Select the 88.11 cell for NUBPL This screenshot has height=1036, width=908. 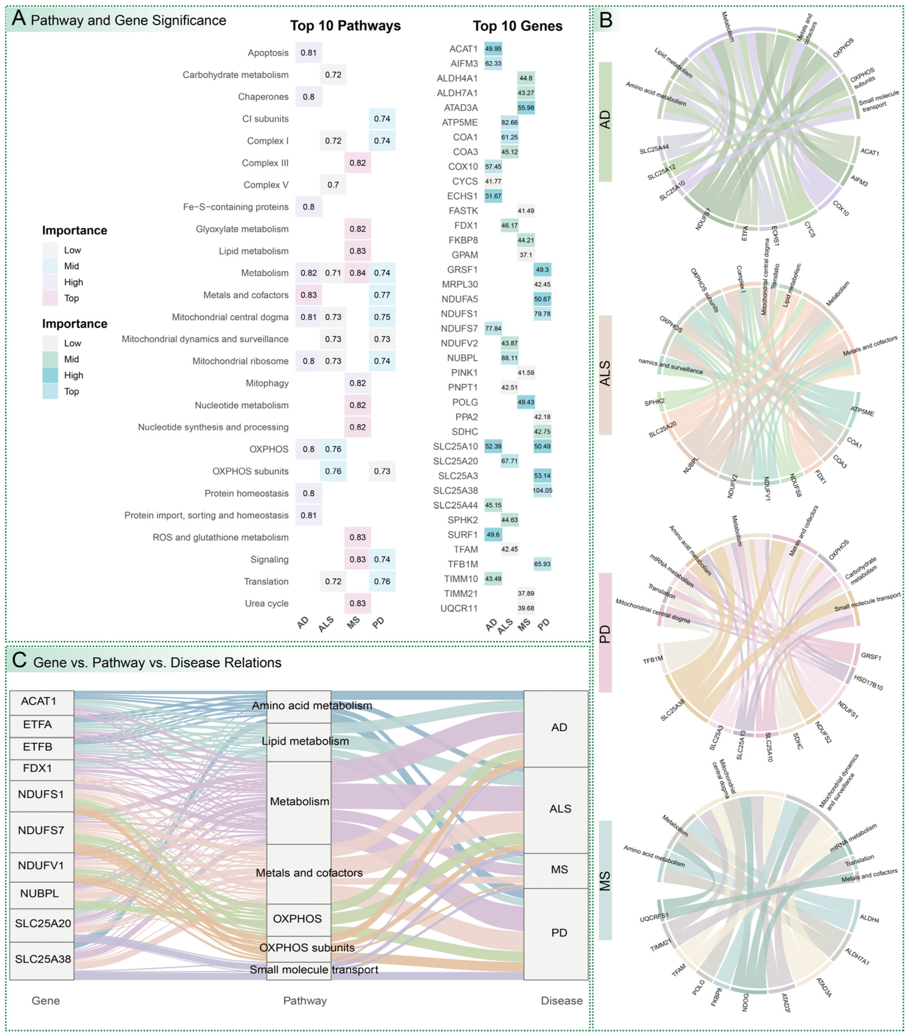[509, 358]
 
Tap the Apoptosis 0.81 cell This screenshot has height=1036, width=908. [309, 53]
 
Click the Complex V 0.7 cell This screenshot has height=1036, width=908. [333, 185]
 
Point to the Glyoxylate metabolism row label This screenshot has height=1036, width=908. [242, 229]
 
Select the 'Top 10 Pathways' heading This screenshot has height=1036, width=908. [345, 26]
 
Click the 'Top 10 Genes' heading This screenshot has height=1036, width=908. [517, 26]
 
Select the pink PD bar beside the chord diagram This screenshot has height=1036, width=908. [605, 633]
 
